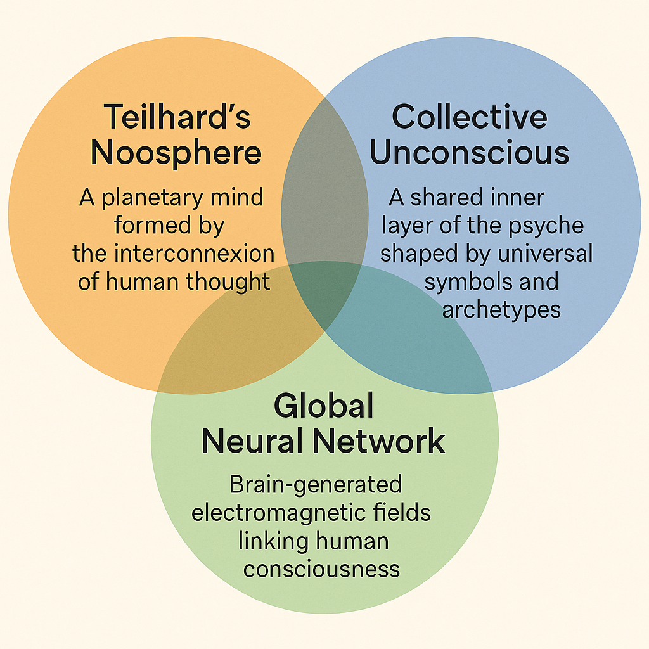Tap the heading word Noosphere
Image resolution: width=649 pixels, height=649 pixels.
(176, 153)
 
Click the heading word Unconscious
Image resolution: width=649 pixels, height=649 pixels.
(470, 153)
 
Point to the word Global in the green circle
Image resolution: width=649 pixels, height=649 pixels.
(324, 406)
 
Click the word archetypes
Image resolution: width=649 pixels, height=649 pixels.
(501, 309)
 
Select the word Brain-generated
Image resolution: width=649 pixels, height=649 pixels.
(316, 484)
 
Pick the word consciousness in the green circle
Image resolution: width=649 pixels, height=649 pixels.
(321, 568)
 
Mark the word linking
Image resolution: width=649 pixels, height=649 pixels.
(276, 540)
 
